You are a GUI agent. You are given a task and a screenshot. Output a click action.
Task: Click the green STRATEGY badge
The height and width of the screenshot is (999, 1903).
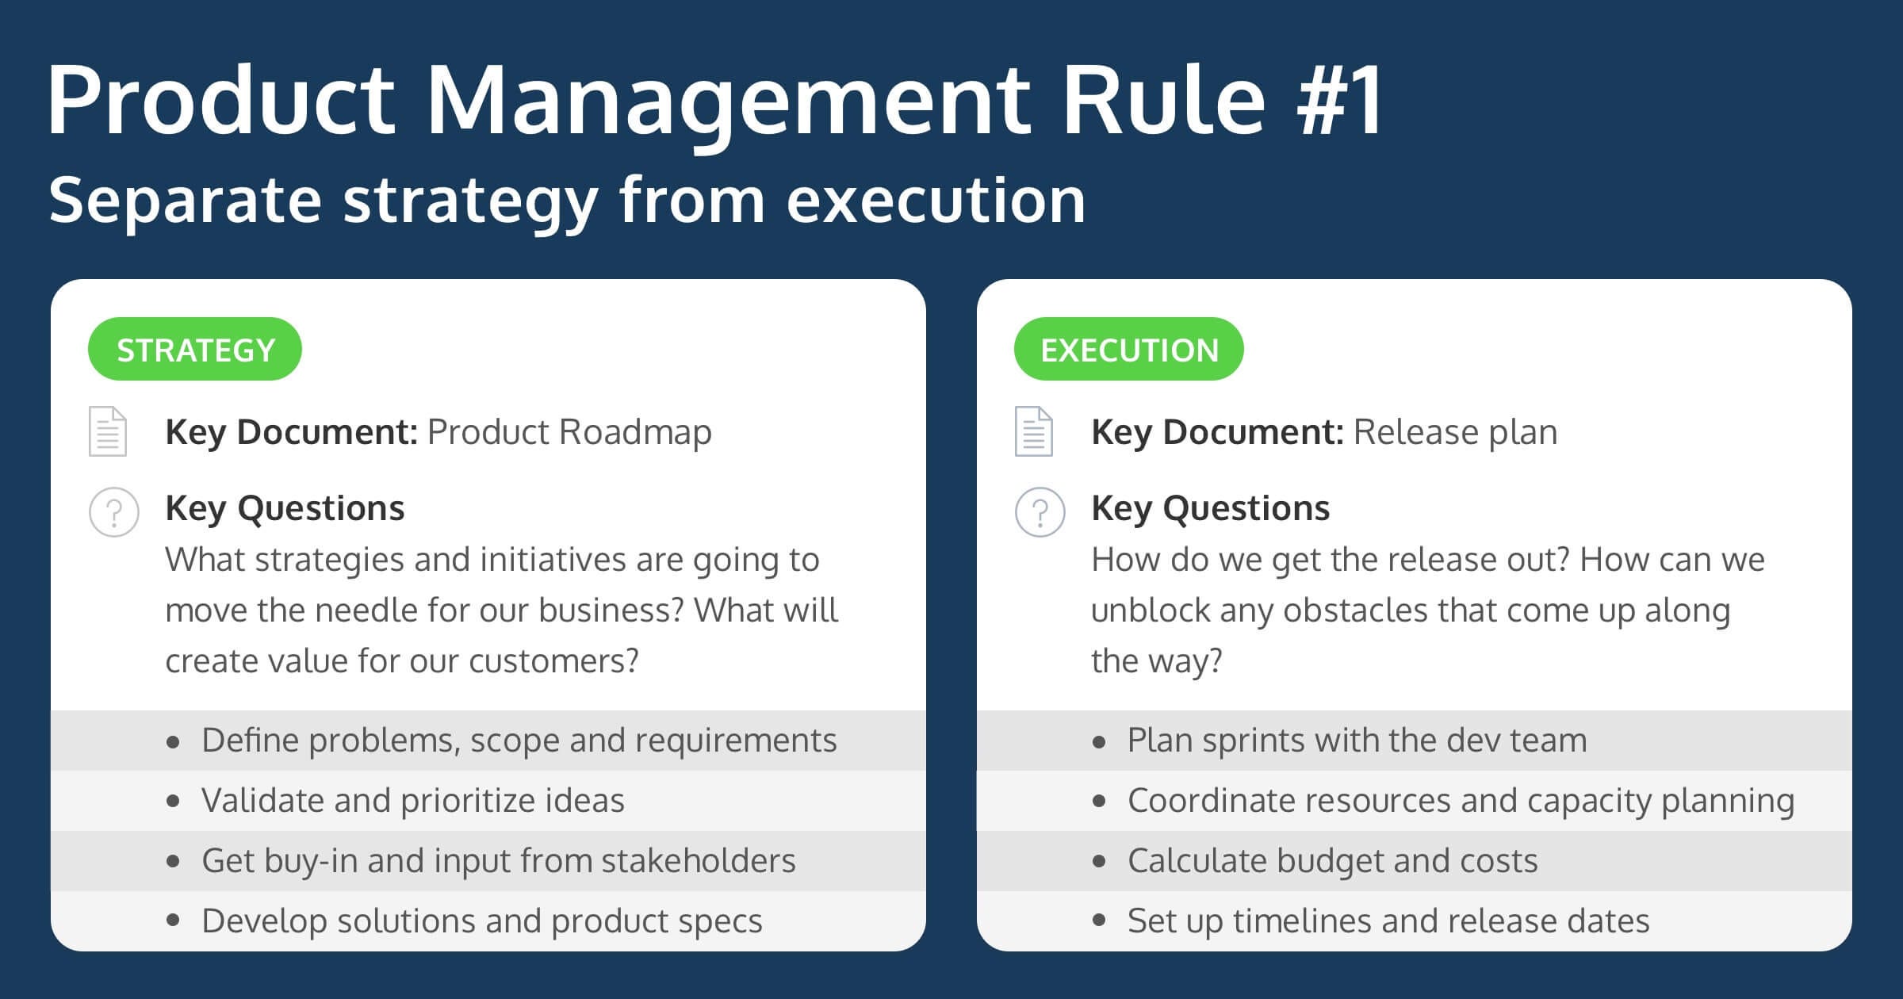(195, 350)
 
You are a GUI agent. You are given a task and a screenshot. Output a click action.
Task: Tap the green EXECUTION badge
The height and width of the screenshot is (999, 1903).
(1128, 350)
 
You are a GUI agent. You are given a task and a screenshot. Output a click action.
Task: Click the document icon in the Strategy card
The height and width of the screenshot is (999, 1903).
(108, 431)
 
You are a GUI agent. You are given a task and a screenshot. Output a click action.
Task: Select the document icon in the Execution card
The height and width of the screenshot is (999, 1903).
(1034, 431)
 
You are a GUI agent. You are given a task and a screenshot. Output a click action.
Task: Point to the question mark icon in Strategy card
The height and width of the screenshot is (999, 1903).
(114, 512)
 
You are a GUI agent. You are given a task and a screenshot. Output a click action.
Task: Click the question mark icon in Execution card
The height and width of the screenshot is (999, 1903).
(1040, 512)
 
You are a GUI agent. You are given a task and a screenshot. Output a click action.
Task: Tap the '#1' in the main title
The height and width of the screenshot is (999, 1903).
(1340, 101)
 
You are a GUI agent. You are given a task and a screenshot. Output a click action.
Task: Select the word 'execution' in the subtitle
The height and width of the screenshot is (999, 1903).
(936, 200)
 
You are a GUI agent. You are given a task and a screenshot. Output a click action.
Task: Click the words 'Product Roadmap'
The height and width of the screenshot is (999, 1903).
(569, 432)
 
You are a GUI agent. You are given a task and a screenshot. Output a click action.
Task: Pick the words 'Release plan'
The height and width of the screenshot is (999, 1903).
(1455, 432)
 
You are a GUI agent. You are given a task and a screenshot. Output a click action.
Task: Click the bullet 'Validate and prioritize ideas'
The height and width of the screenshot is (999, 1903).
(412, 800)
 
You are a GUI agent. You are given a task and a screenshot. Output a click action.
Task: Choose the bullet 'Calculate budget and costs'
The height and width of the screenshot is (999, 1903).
(1332, 860)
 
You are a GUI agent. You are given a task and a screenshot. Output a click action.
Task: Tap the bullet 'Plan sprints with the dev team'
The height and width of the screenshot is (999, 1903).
(1357, 740)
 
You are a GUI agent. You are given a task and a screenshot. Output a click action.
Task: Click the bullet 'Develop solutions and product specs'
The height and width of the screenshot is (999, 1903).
(481, 921)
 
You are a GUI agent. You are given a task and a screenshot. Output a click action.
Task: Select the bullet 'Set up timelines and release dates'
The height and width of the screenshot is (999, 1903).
(1388, 921)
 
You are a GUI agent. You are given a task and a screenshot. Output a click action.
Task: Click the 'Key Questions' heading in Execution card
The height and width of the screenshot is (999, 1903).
(1210, 508)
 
